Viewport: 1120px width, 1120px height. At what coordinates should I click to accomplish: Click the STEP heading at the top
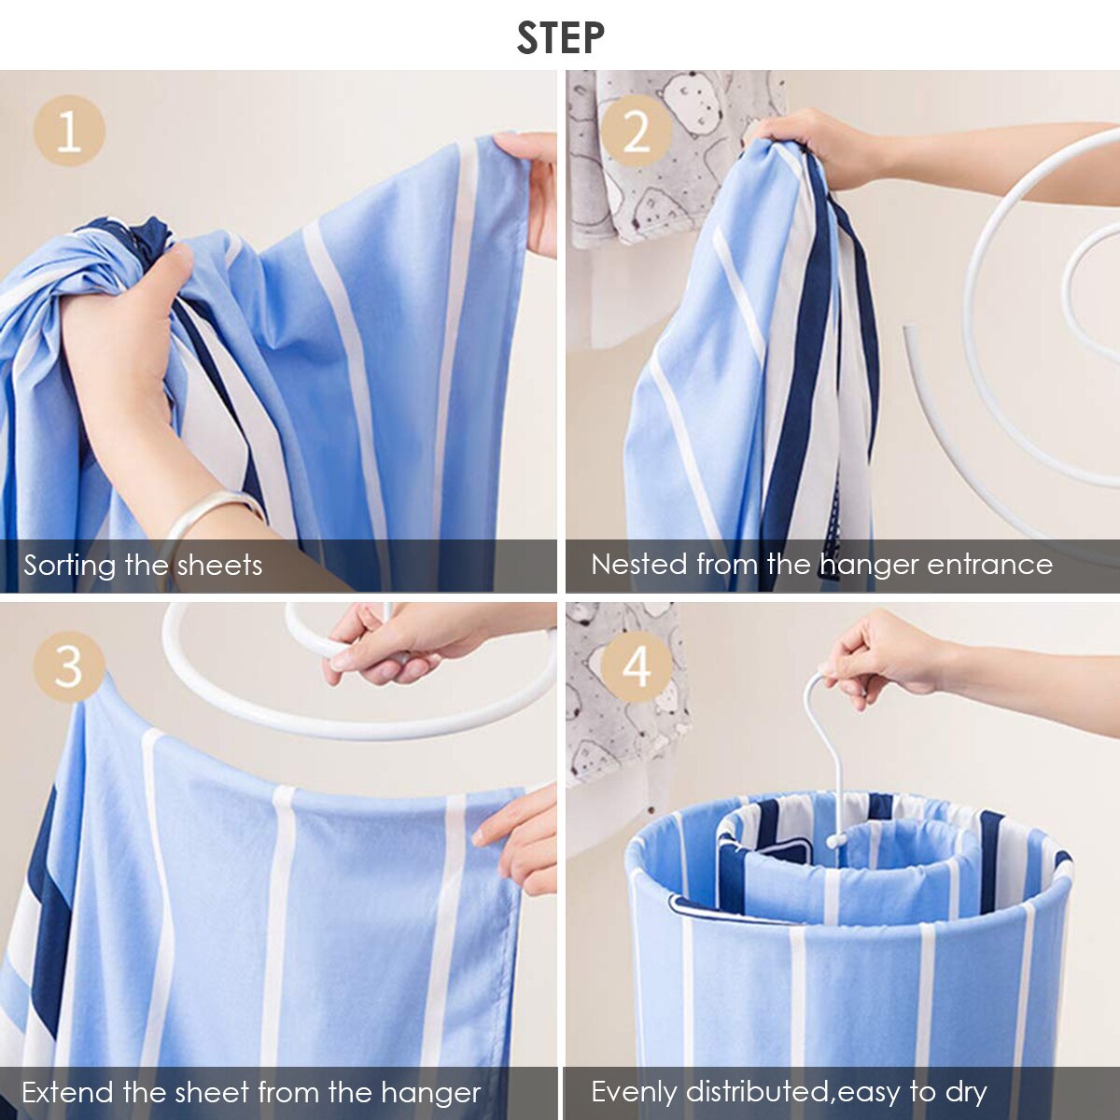(560, 37)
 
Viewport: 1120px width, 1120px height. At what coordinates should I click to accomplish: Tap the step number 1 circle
(69, 131)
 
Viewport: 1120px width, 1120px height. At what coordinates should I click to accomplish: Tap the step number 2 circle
(636, 131)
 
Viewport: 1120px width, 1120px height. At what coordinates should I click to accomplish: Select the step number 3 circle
(69, 666)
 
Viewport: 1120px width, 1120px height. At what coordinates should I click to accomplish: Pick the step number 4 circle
(636, 666)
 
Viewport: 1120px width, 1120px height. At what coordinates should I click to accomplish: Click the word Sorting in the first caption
(71, 566)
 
